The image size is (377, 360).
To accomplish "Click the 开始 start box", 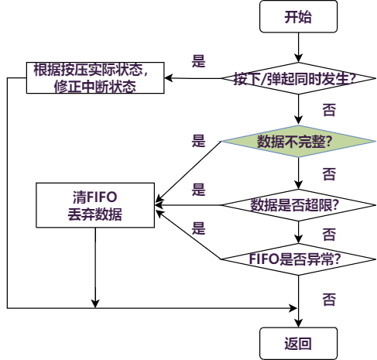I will pyautogui.click(x=299, y=18).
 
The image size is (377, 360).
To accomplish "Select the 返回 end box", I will pyautogui.click(x=299, y=341).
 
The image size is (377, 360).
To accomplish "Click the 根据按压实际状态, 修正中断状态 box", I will pyautogui.click(x=97, y=78).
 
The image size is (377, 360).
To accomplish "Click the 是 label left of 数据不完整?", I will pyautogui.click(x=199, y=140).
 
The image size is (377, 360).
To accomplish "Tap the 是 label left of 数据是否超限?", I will pyautogui.click(x=199, y=189).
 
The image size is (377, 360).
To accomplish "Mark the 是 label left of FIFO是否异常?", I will pyautogui.click(x=199, y=228).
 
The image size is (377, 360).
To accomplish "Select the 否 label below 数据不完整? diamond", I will pyautogui.click(x=329, y=172).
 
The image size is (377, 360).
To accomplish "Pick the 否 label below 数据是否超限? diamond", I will pyautogui.click(x=329, y=233).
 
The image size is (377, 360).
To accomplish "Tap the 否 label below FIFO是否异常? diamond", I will pyautogui.click(x=329, y=297).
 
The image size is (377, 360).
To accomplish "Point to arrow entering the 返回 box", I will pyautogui.click(x=299, y=317).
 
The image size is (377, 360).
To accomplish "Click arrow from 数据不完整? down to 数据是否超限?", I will pyautogui.click(x=299, y=173).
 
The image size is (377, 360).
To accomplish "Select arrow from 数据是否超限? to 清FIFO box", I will pyautogui.click(x=190, y=205).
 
